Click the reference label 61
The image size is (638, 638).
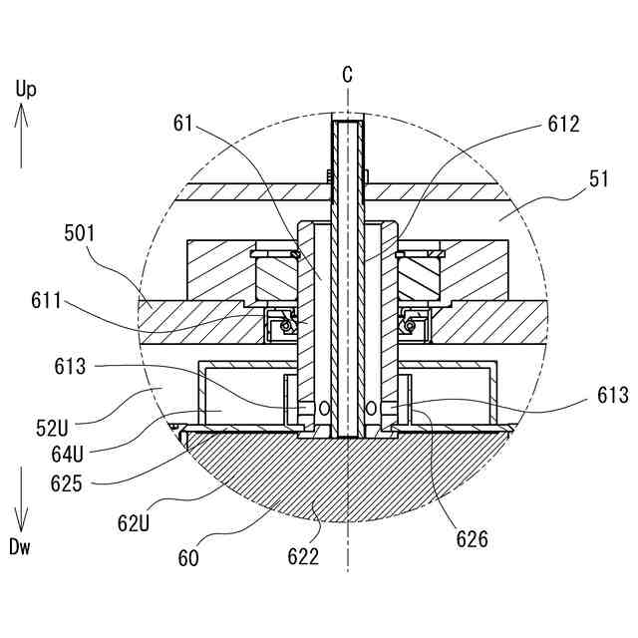[x=182, y=123]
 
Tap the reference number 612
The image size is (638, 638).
[x=563, y=124]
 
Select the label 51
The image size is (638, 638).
[x=598, y=179]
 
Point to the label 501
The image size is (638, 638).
[x=80, y=233]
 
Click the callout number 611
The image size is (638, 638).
[x=46, y=301]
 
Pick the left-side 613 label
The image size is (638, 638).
[x=70, y=366]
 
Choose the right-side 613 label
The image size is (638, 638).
[x=613, y=395]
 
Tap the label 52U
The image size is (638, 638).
[x=52, y=428]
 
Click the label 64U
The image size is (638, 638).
[x=67, y=455]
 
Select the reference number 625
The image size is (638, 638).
[x=67, y=483]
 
